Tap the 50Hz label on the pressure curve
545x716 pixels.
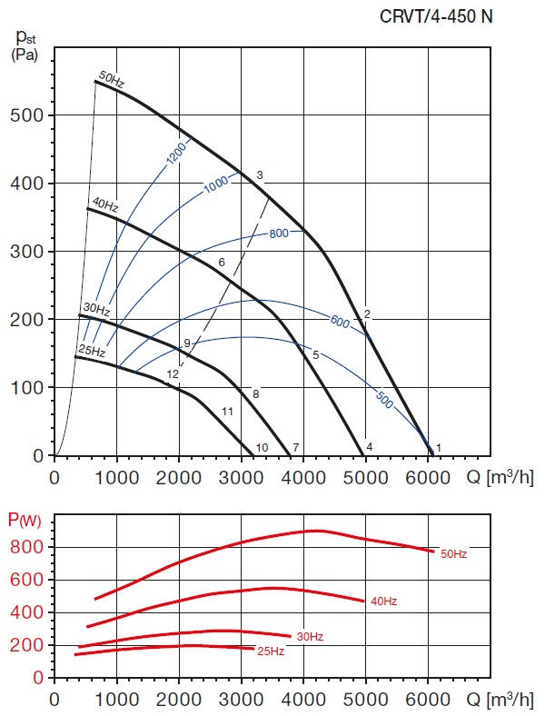tap(111, 81)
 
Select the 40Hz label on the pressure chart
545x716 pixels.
tap(104, 206)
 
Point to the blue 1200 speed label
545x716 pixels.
tap(177, 154)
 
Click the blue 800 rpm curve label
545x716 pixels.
tap(278, 234)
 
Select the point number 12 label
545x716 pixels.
tap(172, 373)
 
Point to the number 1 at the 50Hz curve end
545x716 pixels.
tap(439, 447)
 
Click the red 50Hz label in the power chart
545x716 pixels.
tap(454, 553)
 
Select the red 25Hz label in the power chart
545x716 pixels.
tap(271, 651)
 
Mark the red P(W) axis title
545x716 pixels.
tap(25, 521)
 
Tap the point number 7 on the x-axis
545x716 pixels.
tap(296, 447)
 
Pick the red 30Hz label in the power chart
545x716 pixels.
tap(309, 636)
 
